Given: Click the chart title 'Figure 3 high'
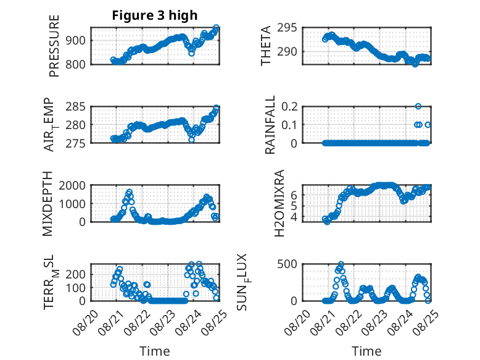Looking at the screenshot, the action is click(155, 15).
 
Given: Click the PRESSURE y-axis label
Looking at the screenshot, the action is click(54, 46).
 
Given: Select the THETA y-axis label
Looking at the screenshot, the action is click(266, 46).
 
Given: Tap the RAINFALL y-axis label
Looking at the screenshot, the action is click(270, 124).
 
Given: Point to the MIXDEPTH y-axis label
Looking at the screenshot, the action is click(48, 204).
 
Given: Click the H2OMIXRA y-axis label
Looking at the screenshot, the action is click(279, 203).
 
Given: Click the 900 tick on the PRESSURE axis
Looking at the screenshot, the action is click(75, 40).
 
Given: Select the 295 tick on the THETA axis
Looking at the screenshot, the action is click(287, 28).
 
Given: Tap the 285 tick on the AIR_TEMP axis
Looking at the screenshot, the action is click(75, 107).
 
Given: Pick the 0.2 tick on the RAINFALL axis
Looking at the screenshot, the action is click(289, 107).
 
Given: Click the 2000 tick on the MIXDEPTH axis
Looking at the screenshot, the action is click(72, 185).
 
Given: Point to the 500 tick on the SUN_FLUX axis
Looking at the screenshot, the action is click(287, 264).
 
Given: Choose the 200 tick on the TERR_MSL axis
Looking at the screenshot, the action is click(75, 274).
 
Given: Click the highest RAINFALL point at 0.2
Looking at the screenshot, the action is click(418, 106).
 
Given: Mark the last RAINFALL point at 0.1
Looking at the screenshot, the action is click(428, 125).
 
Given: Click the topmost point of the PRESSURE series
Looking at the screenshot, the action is click(216, 28).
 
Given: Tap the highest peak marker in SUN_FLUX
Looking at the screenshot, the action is click(341, 264).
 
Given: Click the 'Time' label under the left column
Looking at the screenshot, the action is click(155, 351).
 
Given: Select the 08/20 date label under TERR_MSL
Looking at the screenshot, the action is click(85, 322).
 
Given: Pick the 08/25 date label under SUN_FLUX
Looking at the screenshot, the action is click(425, 322).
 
